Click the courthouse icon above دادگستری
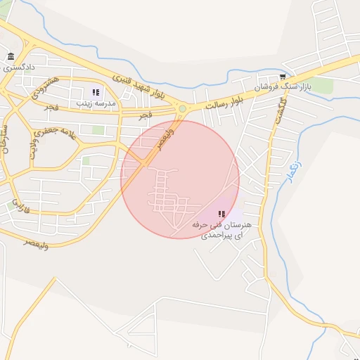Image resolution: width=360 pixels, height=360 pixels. [x=10, y=57]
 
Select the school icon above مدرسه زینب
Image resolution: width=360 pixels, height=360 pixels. [x=96, y=92]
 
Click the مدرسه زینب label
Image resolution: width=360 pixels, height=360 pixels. [x=96, y=103]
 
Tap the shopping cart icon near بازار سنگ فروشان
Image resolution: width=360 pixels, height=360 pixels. [x=283, y=77]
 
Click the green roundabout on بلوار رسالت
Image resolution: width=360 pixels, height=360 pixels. [x=183, y=108]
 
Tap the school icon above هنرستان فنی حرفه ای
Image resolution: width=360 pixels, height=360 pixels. [x=221, y=214]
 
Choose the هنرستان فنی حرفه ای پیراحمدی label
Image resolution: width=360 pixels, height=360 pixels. [x=221, y=229]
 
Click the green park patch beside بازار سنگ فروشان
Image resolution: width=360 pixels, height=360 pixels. [x=322, y=85]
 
